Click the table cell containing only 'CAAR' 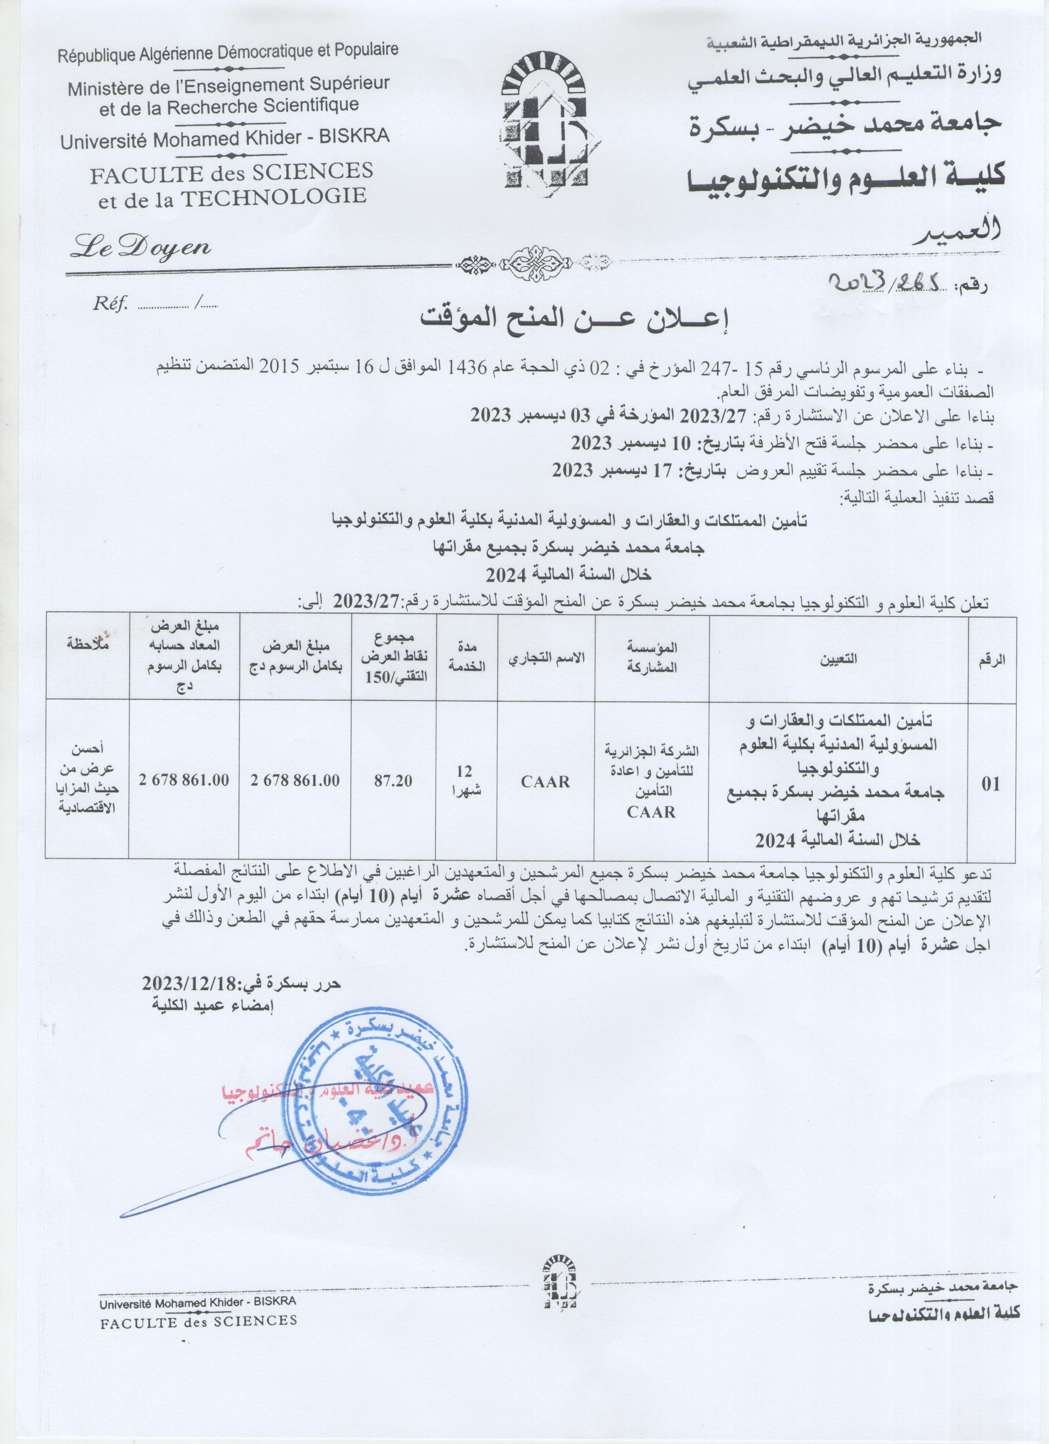coord(545,781)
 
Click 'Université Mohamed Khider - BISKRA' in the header coord(225,138)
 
